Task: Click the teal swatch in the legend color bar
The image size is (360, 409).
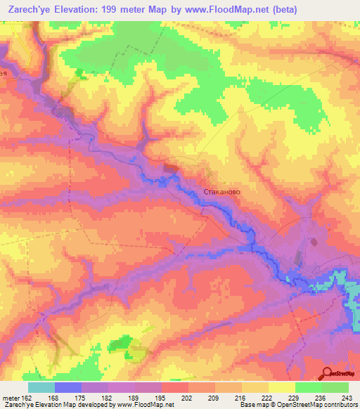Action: pyautogui.click(x=41, y=387)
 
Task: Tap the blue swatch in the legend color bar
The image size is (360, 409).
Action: pyautogui.click(x=67, y=387)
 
